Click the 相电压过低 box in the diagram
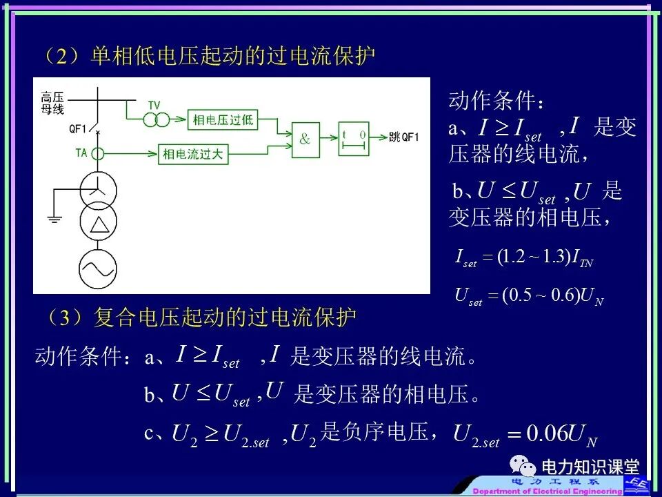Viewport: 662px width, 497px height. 222,119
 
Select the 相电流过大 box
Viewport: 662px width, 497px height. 193,153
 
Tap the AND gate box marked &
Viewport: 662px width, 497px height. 305,139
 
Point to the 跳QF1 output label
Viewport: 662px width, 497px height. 403,137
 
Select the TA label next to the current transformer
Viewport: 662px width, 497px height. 81,153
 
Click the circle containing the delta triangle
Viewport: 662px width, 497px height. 99,225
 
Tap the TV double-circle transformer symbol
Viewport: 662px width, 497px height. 156,120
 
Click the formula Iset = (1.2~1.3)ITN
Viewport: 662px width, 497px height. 524,259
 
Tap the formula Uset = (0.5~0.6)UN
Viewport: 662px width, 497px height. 529,296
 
